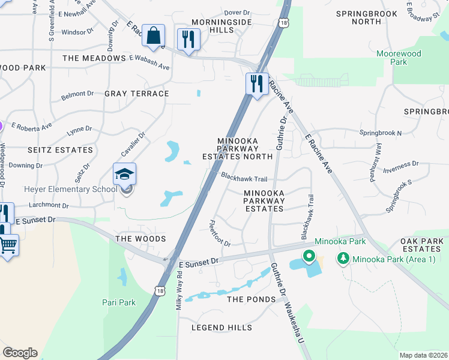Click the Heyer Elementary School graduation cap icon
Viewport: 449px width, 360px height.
tap(125, 174)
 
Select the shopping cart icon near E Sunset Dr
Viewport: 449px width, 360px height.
tap(8, 245)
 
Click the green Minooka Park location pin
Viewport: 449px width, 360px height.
tap(309, 257)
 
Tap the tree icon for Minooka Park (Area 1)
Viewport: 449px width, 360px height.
tap(343, 259)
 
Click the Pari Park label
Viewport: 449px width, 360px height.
tap(119, 302)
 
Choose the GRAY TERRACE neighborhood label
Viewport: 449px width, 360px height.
tap(137, 94)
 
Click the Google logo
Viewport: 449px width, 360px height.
tap(20, 352)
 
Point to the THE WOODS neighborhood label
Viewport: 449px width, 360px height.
tap(140, 239)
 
